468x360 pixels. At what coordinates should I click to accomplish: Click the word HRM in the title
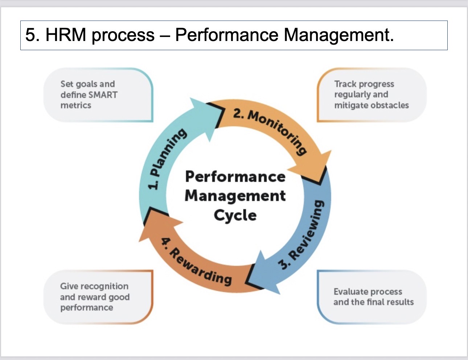click(x=66, y=35)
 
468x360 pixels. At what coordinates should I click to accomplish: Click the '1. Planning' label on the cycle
click(x=167, y=159)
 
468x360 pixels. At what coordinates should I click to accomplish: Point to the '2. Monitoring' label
click(x=270, y=131)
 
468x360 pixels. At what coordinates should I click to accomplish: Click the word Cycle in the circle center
click(x=235, y=215)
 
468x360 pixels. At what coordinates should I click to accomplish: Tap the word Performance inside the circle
click(x=235, y=177)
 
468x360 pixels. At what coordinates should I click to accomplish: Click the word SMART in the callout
click(x=103, y=95)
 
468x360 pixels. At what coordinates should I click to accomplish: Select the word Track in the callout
click(x=343, y=84)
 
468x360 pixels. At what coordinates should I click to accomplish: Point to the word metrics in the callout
click(x=76, y=105)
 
